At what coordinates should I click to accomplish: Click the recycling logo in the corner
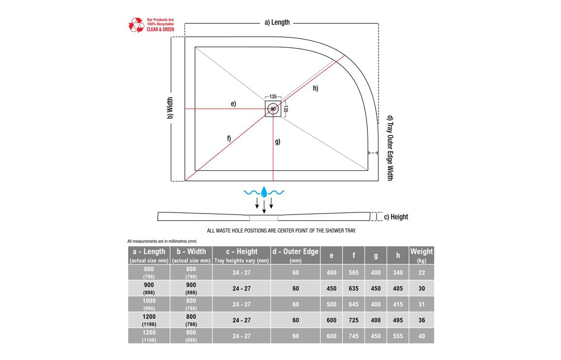pyautogui.click(x=136, y=25)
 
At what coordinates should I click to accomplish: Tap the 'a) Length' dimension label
pyautogui.click(x=277, y=22)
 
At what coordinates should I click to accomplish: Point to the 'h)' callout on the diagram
pyautogui.click(x=315, y=88)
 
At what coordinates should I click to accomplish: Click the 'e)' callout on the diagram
pyautogui.click(x=233, y=104)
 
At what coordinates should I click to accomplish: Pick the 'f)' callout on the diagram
pyautogui.click(x=229, y=138)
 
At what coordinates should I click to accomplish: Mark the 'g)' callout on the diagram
pyautogui.click(x=278, y=142)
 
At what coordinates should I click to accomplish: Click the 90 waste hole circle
pyautogui.click(x=273, y=109)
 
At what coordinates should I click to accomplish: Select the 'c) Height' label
pyautogui.click(x=396, y=217)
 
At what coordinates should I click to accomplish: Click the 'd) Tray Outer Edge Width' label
pyautogui.click(x=390, y=148)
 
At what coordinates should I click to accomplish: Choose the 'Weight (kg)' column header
pyautogui.click(x=421, y=255)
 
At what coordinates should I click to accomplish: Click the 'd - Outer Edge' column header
pyautogui.click(x=296, y=255)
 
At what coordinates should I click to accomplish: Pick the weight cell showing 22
pyautogui.click(x=421, y=273)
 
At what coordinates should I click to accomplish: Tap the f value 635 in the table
pyautogui.click(x=353, y=289)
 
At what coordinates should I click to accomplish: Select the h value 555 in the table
pyautogui.click(x=398, y=336)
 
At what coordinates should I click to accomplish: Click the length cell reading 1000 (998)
pyautogui.click(x=149, y=304)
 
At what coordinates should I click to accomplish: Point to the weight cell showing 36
pyautogui.click(x=421, y=320)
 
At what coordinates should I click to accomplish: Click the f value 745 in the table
pyautogui.click(x=353, y=336)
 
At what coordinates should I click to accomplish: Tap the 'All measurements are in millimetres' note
pyautogui.click(x=162, y=241)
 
